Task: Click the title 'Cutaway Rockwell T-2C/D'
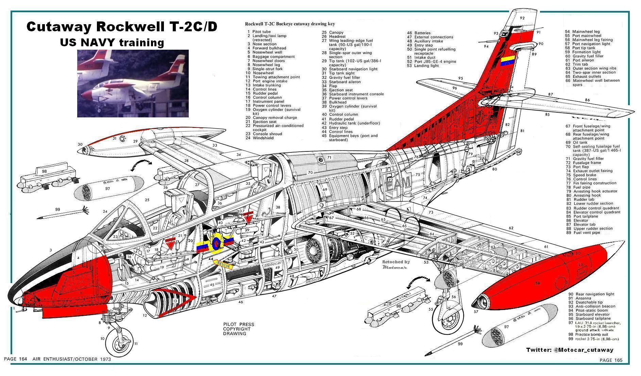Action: (x=121, y=27)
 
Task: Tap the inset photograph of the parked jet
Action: (x=133, y=83)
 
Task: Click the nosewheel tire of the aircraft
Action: (x=120, y=341)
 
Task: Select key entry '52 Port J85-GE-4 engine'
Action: (x=432, y=62)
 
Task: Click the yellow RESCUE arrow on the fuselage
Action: (x=224, y=264)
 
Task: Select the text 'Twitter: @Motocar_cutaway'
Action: (x=570, y=350)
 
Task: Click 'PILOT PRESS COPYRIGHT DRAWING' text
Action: (x=238, y=329)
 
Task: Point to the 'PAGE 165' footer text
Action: (x=611, y=360)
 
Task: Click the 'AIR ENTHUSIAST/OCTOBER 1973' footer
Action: (x=72, y=359)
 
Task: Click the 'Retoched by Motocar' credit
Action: (x=396, y=264)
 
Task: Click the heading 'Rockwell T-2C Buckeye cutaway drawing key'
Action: (x=290, y=24)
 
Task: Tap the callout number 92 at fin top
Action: (x=522, y=18)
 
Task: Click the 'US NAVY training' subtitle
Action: (x=112, y=43)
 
